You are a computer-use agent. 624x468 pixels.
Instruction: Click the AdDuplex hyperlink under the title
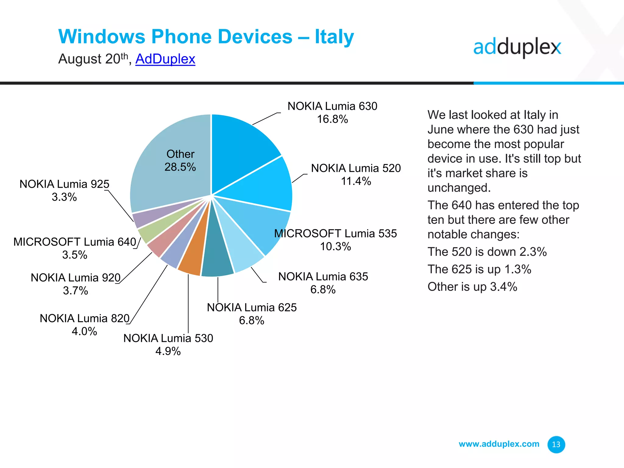click(x=165, y=59)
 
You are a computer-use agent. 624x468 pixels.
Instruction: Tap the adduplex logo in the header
click(x=517, y=48)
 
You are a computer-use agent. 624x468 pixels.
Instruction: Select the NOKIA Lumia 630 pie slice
click(x=241, y=146)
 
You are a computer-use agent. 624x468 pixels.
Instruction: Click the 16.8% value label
click(x=332, y=119)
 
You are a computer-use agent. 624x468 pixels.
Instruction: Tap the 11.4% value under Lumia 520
click(x=356, y=181)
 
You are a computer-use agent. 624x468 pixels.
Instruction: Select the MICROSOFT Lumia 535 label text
click(x=335, y=233)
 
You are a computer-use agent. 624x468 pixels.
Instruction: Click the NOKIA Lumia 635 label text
click(x=323, y=276)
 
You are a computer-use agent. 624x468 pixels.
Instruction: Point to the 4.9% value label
click(x=168, y=351)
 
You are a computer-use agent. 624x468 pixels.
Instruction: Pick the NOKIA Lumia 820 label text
click(x=85, y=318)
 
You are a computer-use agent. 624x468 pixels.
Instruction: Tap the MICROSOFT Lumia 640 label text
click(x=75, y=242)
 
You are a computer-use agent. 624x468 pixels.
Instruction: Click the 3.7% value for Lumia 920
click(x=75, y=291)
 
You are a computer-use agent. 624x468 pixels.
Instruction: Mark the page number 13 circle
click(x=556, y=445)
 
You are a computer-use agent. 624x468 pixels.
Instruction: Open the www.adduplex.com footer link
click(x=499, y=444)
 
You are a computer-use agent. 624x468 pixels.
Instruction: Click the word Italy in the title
click(x=334, y=37)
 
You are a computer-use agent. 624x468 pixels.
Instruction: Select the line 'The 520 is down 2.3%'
click(x=487, y=252)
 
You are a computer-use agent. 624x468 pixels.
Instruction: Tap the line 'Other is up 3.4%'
click(x=472, y=287)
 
